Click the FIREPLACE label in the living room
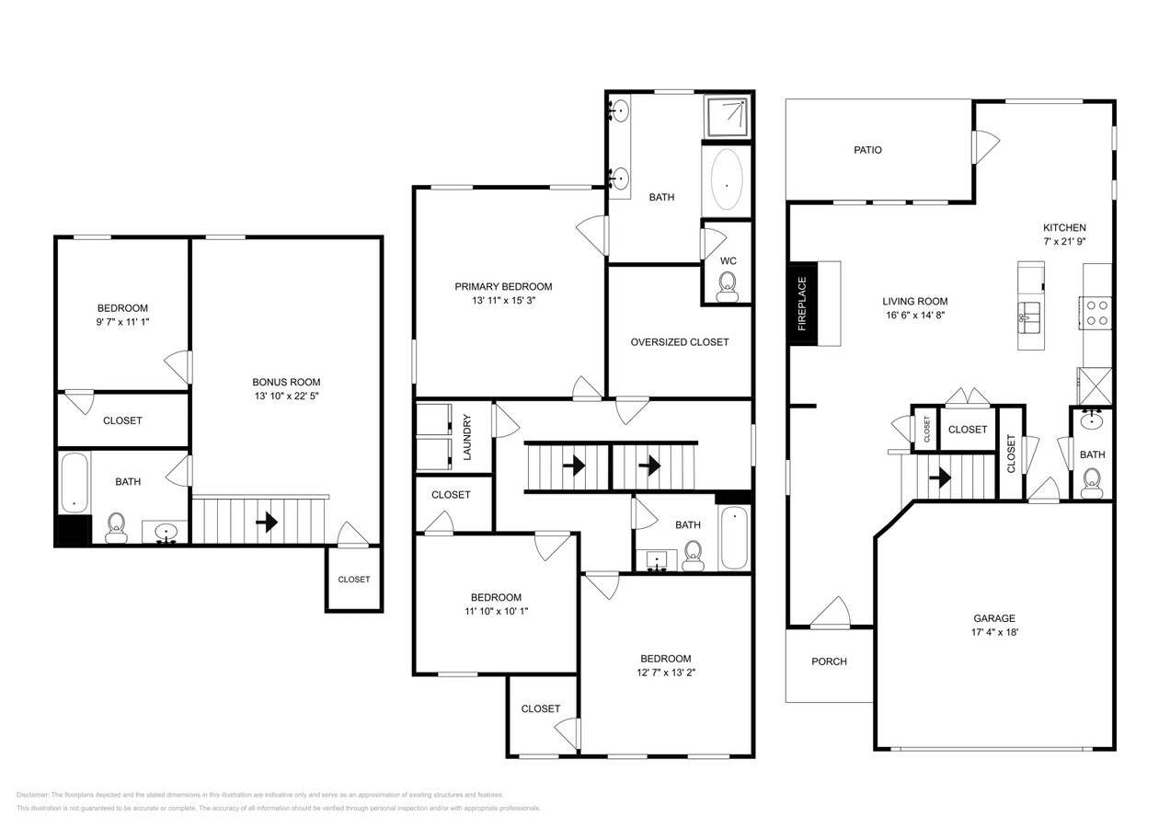(x=801, y=304)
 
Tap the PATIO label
(x=867, y=150)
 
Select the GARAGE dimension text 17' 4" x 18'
(x=994, y=633)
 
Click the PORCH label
(x=829, y=661)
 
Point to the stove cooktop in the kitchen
(x=1096, y=313)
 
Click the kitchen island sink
(x=1030, y=314)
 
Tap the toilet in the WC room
(x=728, y=286)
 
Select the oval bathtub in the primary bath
(x=727, y=181)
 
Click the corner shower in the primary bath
(x=728, y=115)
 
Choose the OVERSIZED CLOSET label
(x=680, y=342)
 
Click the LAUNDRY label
(x=467, y=437)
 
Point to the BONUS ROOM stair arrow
(x=267, y=523)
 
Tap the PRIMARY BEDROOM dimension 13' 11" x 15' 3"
(x=503, y=301)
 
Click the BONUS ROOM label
(x=286, y=382)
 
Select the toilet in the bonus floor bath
(x=117, y=527)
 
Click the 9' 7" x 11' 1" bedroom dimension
(x=122, y=323)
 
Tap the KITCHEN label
(x=1064, y=228)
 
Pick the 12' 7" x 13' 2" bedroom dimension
(x=665, y=673)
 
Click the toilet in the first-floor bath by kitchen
(x=1092, y=482)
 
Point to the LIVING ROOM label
(x=914, y=301)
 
